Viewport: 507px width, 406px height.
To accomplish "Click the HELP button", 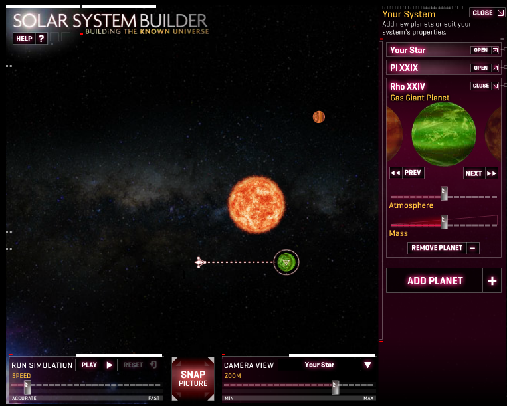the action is tap(30, 39).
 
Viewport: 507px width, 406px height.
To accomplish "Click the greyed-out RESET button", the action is tap(140, 365).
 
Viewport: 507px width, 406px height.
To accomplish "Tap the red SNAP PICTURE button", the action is tap(193, 379).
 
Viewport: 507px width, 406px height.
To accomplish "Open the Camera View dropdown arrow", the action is tap(367, 365).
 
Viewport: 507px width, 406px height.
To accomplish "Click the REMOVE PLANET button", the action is tap(443, 248).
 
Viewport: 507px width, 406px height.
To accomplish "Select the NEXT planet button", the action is tap(480, 173).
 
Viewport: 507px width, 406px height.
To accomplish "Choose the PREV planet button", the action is tap(407, 173).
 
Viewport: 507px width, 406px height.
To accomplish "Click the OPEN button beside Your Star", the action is tap(484, 50).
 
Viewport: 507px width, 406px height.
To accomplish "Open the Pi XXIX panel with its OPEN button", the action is tap(484, 68).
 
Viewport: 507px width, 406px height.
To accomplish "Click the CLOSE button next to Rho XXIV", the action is tap(484, 86).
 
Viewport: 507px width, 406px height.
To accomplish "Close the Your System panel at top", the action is tap(486, 13).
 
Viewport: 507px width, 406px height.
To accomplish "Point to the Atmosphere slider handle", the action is tap(445, 193).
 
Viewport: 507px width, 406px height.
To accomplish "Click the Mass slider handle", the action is tap(445, 222).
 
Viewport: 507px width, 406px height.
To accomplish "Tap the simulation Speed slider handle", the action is tap(27, 387).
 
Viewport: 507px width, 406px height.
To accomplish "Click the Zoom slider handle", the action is tap(336, 387).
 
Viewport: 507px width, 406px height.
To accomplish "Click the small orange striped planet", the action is tap(319, 117).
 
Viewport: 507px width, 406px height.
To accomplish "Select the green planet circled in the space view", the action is tap(286, 262).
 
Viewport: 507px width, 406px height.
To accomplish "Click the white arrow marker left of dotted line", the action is tap(200, 262).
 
